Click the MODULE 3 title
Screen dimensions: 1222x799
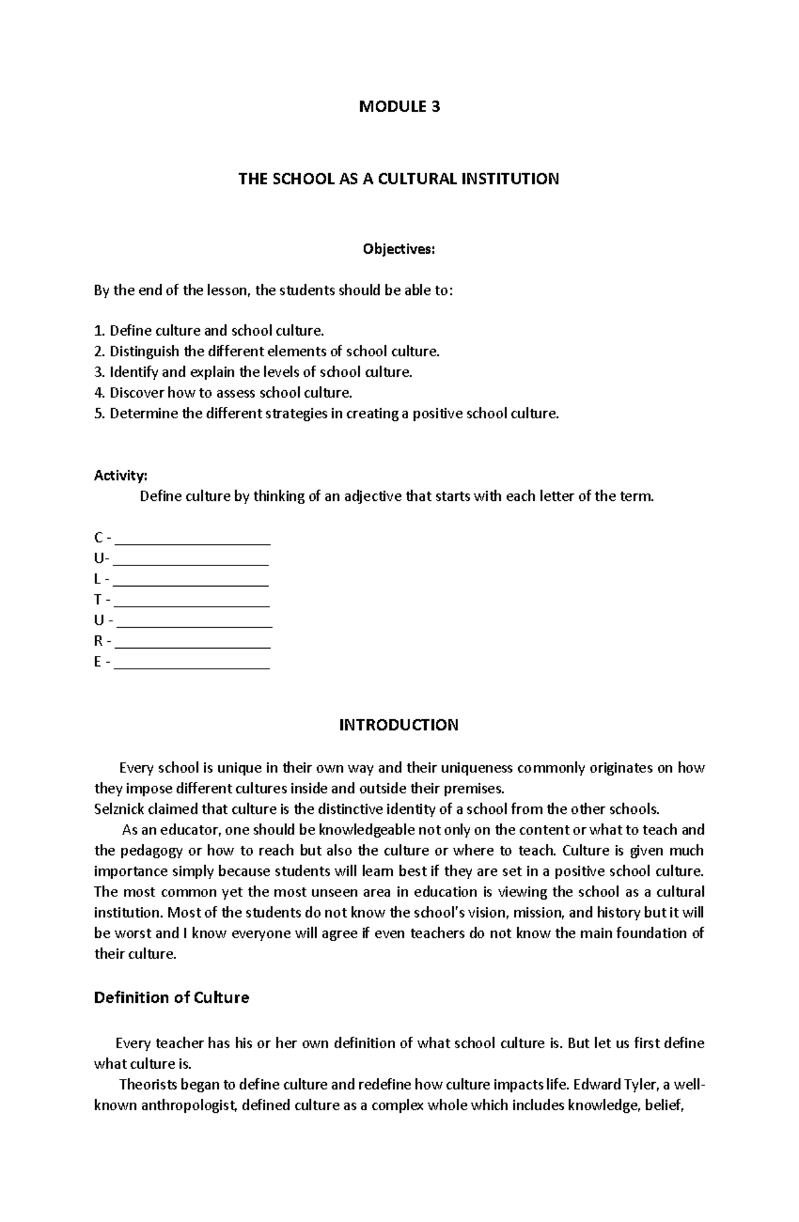(400, 107)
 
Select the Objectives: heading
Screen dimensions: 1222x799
(398, 249)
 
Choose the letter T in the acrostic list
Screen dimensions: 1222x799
(98, 600)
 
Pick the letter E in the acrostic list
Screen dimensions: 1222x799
(98, 662)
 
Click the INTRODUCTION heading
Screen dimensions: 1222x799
(398, 725)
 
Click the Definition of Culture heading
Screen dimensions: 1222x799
(171, 998)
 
